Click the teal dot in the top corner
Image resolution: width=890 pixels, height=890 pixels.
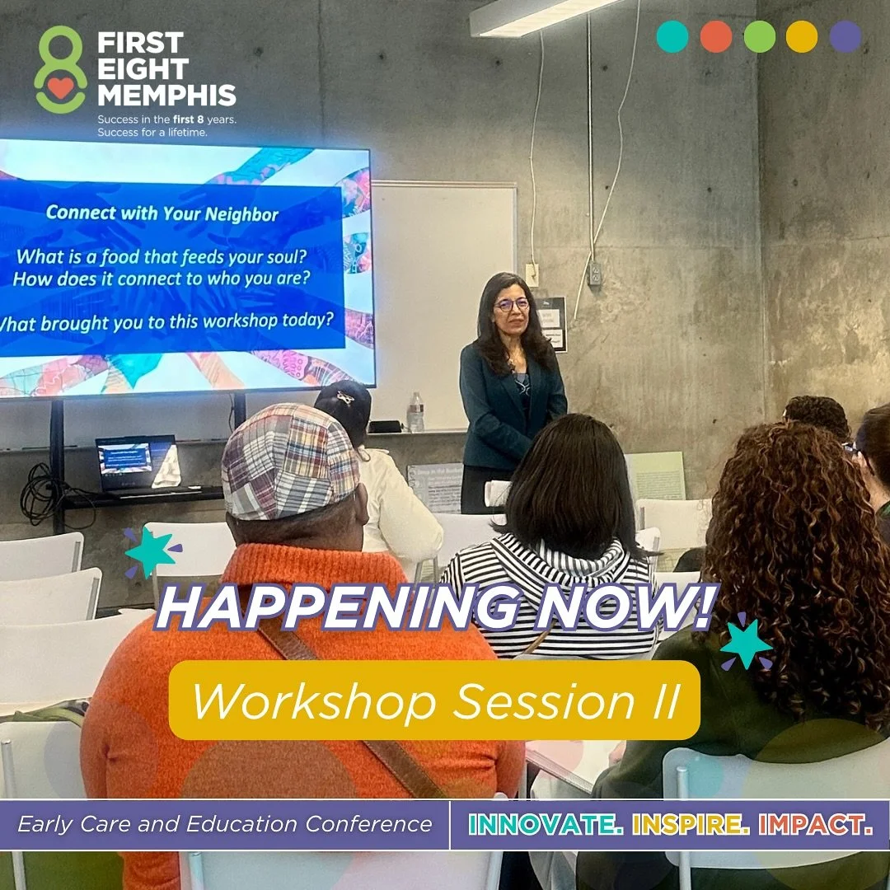672,37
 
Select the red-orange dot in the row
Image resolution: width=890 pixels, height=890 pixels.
716,37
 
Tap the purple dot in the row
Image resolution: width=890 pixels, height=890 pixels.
845,37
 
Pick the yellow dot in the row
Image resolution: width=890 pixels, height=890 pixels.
802,37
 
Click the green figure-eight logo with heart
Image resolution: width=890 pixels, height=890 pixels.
60,69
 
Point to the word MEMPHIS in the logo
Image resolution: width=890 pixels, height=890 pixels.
166,96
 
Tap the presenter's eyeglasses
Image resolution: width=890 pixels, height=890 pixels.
512,304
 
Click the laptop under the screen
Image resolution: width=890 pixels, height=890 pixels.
137,464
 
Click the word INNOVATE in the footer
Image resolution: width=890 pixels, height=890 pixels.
544,824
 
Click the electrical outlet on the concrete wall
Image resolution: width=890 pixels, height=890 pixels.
595,273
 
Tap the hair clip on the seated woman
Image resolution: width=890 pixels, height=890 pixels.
345,397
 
